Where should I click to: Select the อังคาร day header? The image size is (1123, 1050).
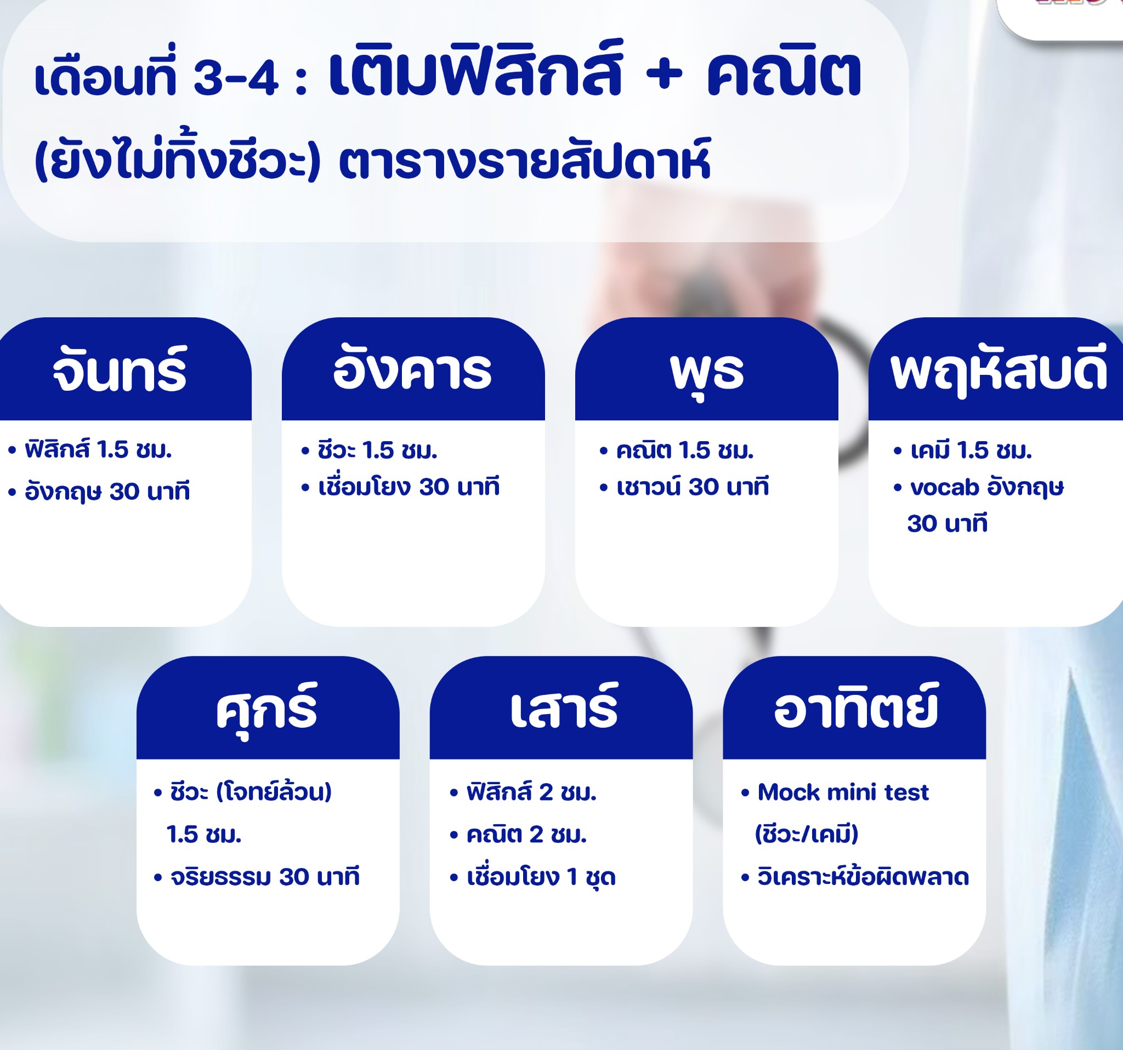412,370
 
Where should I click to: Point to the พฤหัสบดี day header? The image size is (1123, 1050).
998,371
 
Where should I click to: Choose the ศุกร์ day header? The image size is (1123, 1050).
266,709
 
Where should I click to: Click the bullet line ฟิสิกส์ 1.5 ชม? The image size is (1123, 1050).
90,450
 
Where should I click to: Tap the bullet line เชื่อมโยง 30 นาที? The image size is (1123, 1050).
400,487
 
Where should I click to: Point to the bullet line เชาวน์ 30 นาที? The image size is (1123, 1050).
684,487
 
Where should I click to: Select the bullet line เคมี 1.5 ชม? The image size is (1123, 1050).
962,450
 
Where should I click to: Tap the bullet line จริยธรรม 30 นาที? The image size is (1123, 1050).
257,877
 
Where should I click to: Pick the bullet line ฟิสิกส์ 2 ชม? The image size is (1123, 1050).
523,792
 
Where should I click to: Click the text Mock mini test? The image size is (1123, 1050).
843,792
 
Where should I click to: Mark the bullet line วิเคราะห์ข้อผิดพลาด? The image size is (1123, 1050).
855,877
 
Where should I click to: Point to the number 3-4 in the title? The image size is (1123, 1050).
236,78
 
